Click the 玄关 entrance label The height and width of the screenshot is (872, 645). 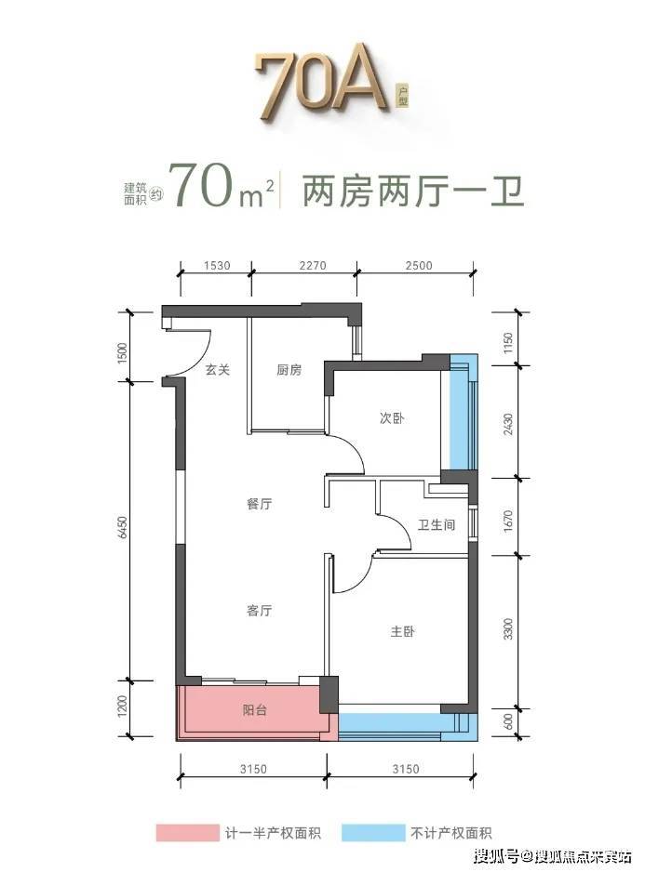[x=217, y=370]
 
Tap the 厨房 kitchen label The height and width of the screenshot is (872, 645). [x=289, y=370]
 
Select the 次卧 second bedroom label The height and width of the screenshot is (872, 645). [x=392, y=418]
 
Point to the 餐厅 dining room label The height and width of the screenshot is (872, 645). [x=259, y=504]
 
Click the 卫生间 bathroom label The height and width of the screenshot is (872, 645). [x=437, y=524]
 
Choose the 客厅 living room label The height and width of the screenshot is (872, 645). [x=259, y=611]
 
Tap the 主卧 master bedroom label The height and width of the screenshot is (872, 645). [x=402, y=632]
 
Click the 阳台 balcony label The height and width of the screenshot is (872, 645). [x=254, y=710]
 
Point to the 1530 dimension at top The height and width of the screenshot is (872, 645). [x=216, y=265]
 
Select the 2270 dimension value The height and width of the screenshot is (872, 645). [x=312, y=265]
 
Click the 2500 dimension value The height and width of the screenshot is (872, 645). [x=418, y=265]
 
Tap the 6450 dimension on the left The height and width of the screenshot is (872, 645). [x=123, y=527]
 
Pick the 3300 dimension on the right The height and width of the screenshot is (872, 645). [x=507, y=628]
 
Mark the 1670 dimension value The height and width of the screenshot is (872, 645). [x=507, y=522]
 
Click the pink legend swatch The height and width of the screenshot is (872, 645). [x=188, y=833]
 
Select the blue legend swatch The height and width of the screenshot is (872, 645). [x=373, y=833]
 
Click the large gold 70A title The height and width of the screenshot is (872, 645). [x=321, y=82]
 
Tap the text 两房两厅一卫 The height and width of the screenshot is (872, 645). [x=412, y=192]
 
